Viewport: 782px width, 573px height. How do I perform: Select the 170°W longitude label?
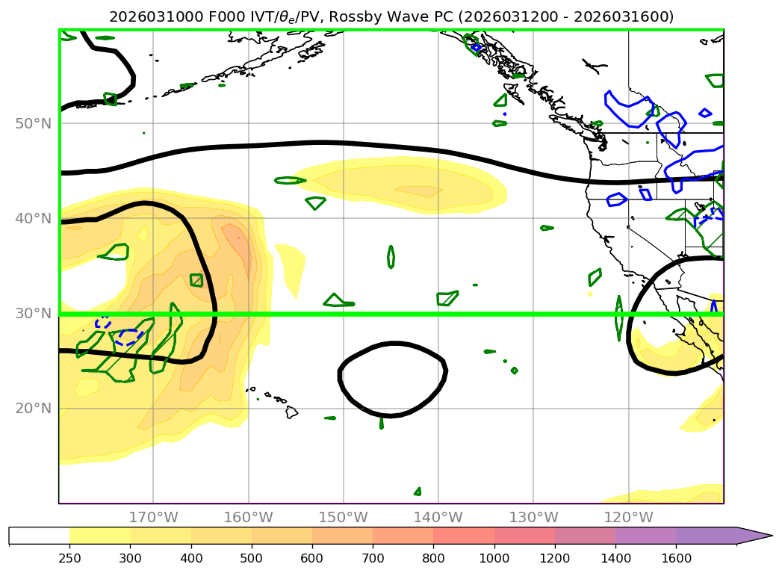point(153,517)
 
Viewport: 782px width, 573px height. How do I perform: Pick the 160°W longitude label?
point(248,517)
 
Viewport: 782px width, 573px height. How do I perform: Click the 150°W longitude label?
point(343,517)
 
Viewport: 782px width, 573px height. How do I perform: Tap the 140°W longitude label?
point(438,517)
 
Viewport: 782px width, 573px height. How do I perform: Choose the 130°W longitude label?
point(533,517)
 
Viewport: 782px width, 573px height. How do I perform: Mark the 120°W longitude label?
point(628,517)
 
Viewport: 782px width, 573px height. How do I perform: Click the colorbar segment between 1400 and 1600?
point(645,536)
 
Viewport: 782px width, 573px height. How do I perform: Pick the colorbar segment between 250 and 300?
point(99,536)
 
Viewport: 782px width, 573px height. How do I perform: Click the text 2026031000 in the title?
point(147,16)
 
